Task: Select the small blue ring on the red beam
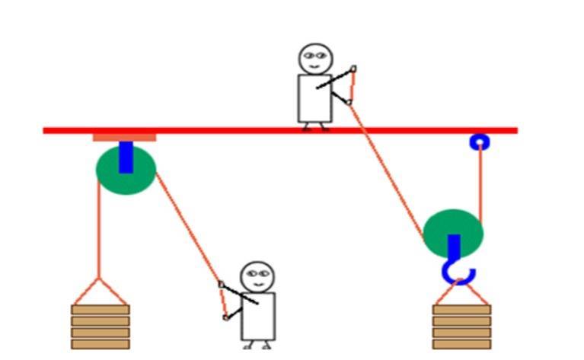(x=479, y=142)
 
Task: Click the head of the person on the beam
(x=315, y=58)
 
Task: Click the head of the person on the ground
(x=257, y=277)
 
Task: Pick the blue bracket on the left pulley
(x=126, y=157)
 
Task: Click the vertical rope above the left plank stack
(x=99, y=228)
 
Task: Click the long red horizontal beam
(x=228, y=130)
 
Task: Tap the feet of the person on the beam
(x=315, y=128)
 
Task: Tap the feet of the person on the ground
(x=257, y=346)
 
